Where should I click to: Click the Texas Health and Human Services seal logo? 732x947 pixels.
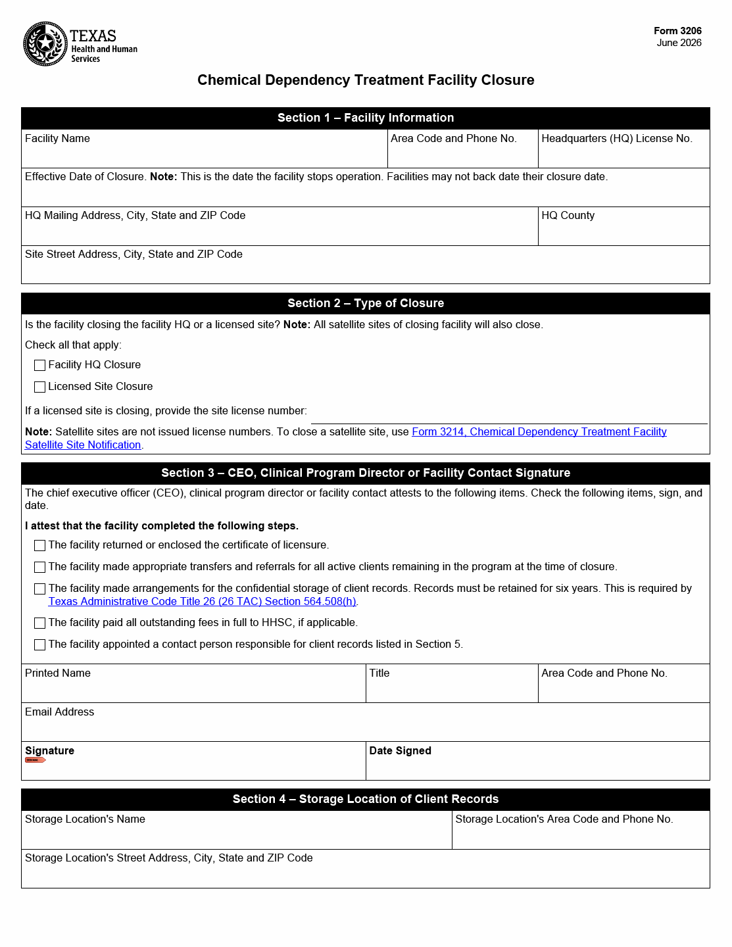[x=45, y=44]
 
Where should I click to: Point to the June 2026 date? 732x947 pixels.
[x=679, y=43]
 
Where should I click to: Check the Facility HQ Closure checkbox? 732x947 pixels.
[x=40, y=365]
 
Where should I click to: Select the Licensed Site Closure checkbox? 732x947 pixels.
[x=40, y=387]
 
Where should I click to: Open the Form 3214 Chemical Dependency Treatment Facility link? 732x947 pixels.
[x=539, y=431]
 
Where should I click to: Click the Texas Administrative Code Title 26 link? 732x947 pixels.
[x=203, y=601]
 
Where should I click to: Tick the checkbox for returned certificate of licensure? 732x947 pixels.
[x=40, y=545]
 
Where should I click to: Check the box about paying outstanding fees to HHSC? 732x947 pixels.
[x=40, y=623]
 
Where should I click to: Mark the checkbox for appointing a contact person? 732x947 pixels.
[x=40, y=644]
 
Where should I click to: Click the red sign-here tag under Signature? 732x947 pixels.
[x=35, y=760]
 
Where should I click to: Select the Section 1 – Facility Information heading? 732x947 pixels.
[x=366, y=118]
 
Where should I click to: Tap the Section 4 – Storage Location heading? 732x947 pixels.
[x=366, y=799]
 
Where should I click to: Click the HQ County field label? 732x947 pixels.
[x=568, y=215]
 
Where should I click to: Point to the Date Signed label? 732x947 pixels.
[x=400, y=750]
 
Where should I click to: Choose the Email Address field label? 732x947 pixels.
[x=59, y=712]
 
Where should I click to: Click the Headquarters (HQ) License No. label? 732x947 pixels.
[x=616, y=138]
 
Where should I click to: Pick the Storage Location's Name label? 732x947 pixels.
[x=85, y=819]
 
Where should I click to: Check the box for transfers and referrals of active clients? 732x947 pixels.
[x=40, y=567]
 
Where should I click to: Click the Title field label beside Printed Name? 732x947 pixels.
[x=379, y=673]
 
